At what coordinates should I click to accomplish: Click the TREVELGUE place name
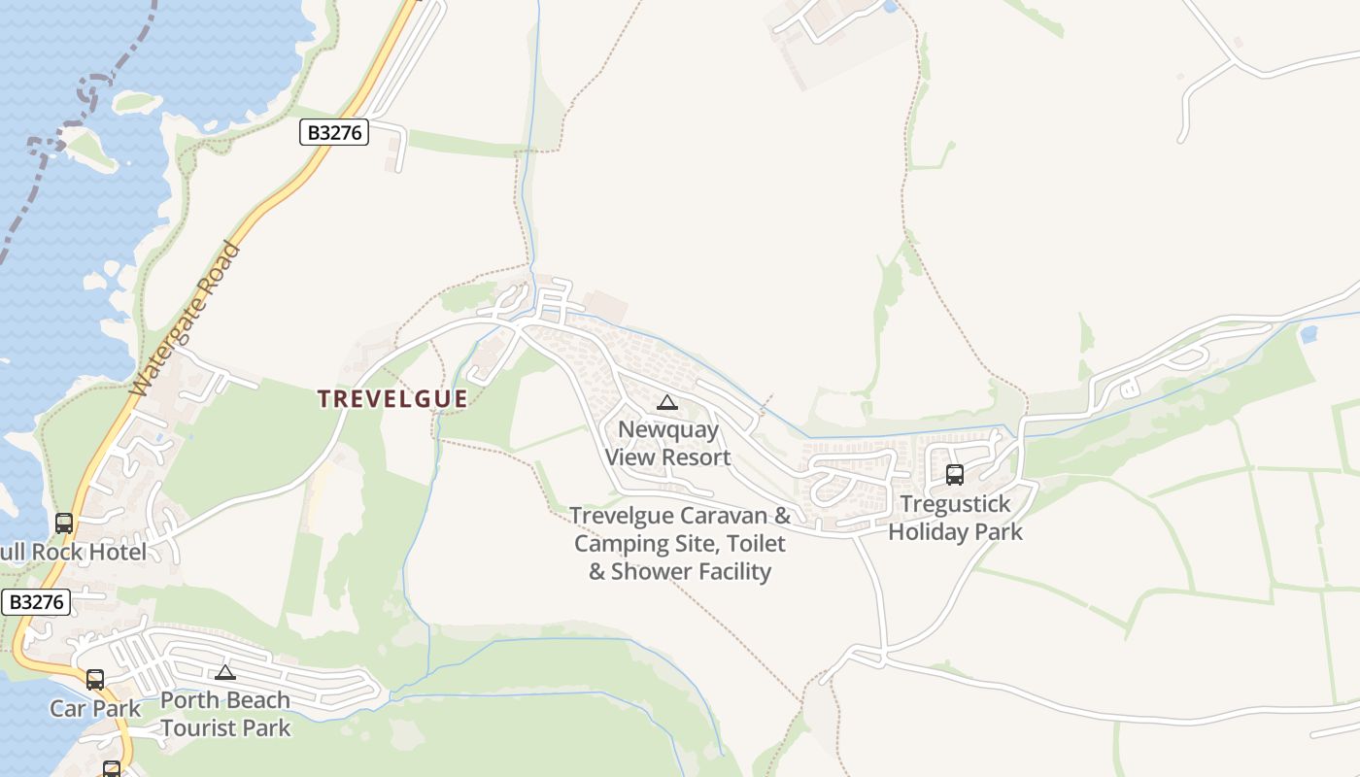(x=393, y=398)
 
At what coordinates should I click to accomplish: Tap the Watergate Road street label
(x=185, y=320)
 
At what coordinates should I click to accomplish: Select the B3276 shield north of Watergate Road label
(x=334, y=132)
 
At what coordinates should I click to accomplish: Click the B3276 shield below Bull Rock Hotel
(x=37, y=602)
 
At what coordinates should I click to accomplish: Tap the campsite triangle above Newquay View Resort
(x=666, y=403)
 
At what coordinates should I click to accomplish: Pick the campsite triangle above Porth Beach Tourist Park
(x=225, y=672)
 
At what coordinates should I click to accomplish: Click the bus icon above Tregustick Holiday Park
(x=955, y=475)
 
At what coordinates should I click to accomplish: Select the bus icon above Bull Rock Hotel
(x=64, y=524)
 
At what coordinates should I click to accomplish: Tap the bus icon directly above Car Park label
(x=94, y=680)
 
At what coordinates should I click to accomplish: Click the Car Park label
(x=95, y=708)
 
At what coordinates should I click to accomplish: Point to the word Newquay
(x=668, y=429)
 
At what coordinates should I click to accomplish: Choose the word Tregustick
(x=955, y=504)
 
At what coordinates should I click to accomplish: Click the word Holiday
(x=925, y=531)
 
